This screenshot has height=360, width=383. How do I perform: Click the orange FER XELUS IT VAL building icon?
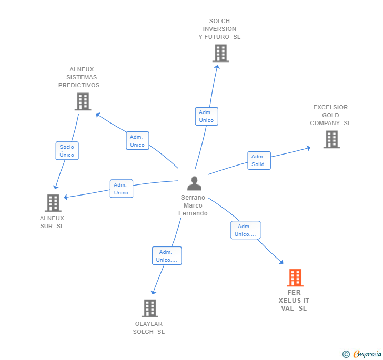[295, 277]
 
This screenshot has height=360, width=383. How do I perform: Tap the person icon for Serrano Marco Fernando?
[194, 184]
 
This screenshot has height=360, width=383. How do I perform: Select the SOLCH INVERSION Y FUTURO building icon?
[220, 53]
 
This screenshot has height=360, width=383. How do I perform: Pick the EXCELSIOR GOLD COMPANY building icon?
[331, 139]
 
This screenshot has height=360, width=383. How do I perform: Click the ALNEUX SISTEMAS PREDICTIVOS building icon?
[83, 101]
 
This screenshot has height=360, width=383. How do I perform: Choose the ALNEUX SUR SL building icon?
[53, 203]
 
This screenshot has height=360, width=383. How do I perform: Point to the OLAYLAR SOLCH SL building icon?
[150, 308]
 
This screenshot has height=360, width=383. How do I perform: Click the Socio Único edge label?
[67, 151]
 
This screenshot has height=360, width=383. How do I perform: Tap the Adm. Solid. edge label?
[259, 160]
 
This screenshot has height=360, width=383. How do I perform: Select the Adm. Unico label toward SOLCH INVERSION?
[206, 116]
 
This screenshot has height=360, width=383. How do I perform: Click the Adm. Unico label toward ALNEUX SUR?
[121, 189]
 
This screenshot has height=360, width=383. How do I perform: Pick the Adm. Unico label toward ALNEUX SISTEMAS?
[137, 141]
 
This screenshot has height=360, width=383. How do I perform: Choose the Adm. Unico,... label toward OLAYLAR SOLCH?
[167, 256]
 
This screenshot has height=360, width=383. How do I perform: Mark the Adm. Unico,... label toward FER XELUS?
[245, 230]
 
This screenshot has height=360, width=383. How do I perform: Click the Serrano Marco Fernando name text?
[193, 205]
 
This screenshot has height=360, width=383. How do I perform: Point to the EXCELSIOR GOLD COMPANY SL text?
[330, 115]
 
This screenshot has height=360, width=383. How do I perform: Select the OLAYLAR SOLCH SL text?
[149, 328]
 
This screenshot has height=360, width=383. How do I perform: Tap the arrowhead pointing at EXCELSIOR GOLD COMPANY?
[308, 148]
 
